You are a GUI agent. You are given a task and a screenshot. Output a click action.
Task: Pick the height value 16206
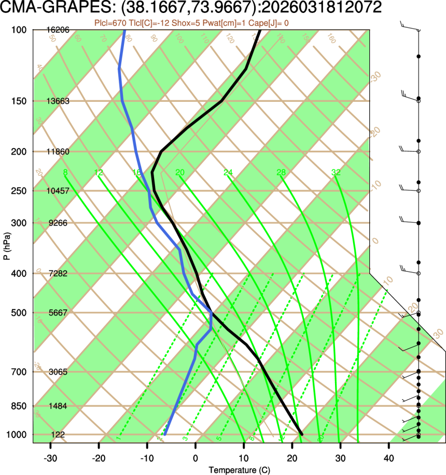[58, 30]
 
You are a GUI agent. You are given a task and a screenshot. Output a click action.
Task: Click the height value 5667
[58, 313]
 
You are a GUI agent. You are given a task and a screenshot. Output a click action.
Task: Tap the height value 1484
[58, 405]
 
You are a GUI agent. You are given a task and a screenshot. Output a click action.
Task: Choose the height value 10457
[58, 191]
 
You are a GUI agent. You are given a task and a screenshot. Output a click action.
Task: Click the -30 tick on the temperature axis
[50, 459]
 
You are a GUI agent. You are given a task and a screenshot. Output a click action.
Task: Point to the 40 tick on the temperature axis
[388, 459]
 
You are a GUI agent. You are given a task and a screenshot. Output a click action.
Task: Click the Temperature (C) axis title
[239, 470]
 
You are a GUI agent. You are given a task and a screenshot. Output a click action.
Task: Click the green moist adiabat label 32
[336, 172]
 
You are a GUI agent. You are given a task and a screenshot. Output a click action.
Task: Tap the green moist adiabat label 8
[65, 172]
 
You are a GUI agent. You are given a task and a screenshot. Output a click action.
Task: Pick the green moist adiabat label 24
[228, 172]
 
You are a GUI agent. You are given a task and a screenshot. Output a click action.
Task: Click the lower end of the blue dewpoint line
[164, 434]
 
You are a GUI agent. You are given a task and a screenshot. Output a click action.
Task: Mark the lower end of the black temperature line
[301, 434]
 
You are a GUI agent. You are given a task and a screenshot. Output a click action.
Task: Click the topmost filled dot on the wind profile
[419, 56]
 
